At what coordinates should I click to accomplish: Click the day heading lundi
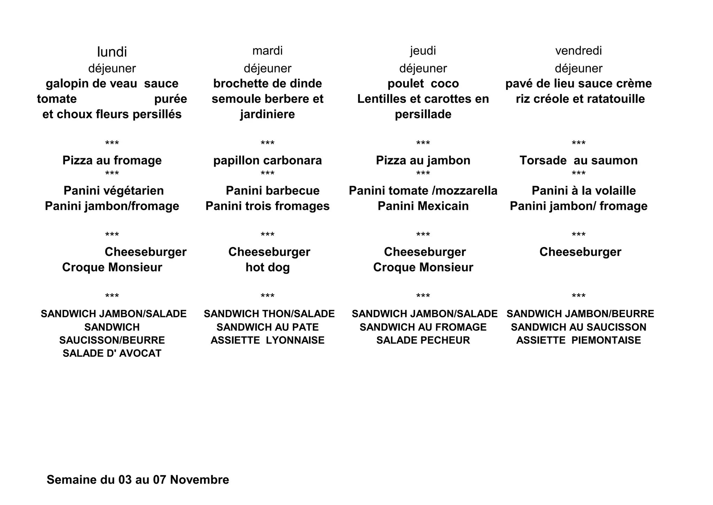coord(112,52)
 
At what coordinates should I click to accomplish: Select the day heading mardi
coord(267,51)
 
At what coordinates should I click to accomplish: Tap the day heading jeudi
coord(423,51)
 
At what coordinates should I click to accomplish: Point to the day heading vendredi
coord(578,51)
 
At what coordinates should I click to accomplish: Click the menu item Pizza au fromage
coord(112,160)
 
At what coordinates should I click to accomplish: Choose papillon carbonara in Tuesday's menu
coord(267,160)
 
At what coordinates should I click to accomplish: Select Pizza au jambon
coord(423,160)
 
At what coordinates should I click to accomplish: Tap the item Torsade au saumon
coord(578,160)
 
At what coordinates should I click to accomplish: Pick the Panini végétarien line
coord(113,191)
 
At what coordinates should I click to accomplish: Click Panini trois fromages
coord(267,206)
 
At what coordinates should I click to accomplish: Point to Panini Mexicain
coord(423,206)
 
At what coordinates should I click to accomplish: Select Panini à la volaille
coord(583,191)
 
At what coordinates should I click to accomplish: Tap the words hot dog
coord(267,267)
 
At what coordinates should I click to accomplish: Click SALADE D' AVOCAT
coord(112,353)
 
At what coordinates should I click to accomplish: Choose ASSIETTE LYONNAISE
coord(267,340)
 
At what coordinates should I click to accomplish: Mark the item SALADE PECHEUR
coord(423,340)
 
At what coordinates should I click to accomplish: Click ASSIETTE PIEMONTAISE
coord(578,340)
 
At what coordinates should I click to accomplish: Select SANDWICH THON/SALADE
coord(269,314)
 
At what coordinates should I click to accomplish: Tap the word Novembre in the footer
coord(199,480)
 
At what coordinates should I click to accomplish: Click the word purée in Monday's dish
coord(171,99)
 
